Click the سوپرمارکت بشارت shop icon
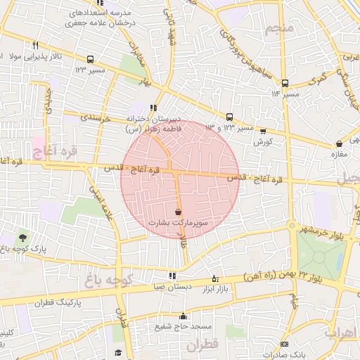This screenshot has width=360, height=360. coord(178,212)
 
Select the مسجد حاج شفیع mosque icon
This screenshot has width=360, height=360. coord(184,316)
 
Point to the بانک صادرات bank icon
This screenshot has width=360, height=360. coord(284,345)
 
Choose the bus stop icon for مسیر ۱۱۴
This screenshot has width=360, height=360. coord(285,82)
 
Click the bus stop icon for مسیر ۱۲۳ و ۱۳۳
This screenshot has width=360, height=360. coord(230,117)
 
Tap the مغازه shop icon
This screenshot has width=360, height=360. coord(339,145)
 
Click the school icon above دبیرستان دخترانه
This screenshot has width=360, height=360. coord(153,108)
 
